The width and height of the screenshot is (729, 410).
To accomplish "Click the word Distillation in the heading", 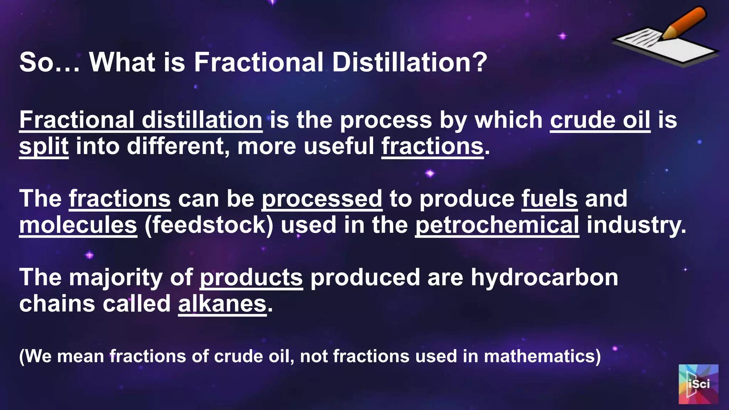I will [x=409, y=62].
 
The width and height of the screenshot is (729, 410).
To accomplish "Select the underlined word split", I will [x=44, y=146].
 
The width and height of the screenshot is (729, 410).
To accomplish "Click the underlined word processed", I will [x=322, y=199].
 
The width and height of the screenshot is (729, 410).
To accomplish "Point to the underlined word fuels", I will [x=549, y=199].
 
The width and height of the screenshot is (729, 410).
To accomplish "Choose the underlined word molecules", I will [x=78, y=225].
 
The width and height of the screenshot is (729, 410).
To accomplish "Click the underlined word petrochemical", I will [x=497, y=225].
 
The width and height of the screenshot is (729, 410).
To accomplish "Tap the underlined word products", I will [x=251, y=277].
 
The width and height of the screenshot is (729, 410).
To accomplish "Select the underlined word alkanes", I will [x=222, y=304].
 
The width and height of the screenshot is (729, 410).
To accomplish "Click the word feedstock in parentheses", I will [x=209, y=225].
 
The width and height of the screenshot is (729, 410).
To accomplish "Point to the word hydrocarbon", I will [x=545, y=277].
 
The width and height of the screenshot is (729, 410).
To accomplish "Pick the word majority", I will [x=115, y=277].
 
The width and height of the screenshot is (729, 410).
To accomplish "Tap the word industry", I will [x=636, y=225].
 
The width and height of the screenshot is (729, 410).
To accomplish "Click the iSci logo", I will [x=698, y=384].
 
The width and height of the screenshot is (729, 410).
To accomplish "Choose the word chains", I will [x=57, y=304].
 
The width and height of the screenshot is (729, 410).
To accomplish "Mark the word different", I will [x=178, y=146].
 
